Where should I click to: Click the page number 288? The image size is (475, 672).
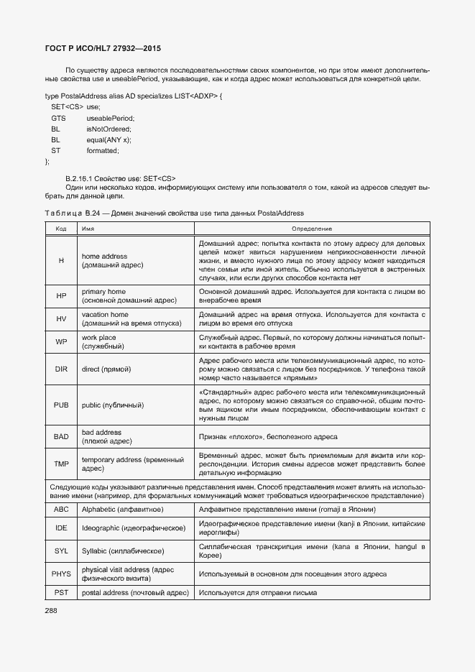coord(52,610)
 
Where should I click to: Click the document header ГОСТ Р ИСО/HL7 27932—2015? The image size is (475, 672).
coord(103,48)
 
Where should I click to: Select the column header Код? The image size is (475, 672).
coord(61,228)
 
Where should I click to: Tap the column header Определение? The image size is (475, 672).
coord(311,228)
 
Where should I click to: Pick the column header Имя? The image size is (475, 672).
coord(88,228)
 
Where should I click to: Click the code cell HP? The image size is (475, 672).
coord(61,296)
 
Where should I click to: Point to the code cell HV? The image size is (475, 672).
coord(61,319)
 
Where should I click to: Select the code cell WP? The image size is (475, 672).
coord(61,342)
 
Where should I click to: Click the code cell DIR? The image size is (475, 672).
coord(61,369)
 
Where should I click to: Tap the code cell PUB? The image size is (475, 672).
coord(61,405)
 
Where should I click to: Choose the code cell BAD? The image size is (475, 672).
coord(61,437)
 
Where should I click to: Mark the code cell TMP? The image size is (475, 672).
coord(61,464)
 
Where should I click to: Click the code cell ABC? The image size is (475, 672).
coord(61,509)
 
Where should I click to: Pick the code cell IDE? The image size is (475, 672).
coord(61,528)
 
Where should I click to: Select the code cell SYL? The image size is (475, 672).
coord(61,551)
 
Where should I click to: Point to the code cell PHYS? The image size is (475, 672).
coord(61,574)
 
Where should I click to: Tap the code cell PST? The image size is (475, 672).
coord(61,592)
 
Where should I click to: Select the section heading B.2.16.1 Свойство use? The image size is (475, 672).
coord(120,178)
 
